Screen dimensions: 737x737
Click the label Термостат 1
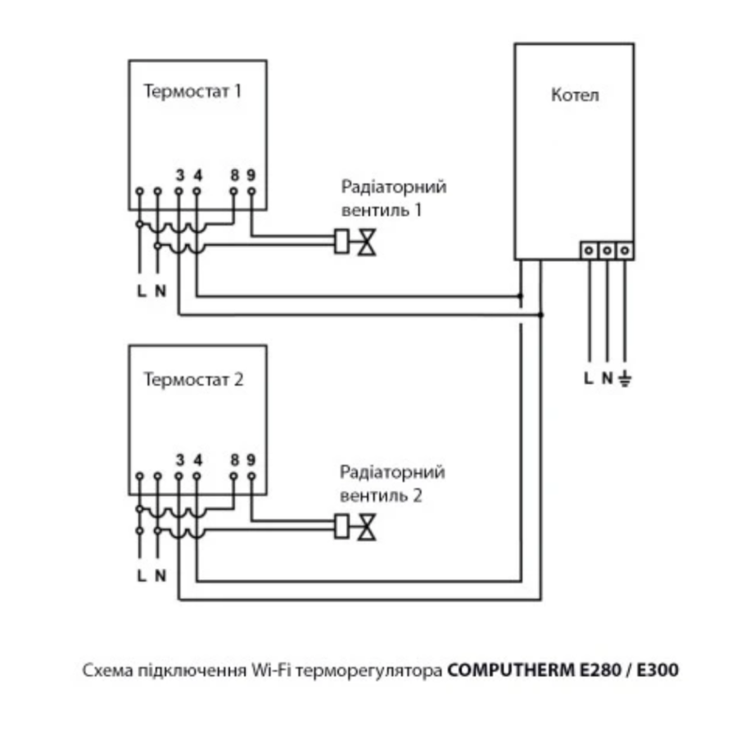point(193,91)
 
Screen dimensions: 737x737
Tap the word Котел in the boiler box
point(575,95)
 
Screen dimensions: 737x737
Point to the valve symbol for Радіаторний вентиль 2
point(368,526)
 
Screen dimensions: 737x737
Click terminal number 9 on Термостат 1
point(251,174)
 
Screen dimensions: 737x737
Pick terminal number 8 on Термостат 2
point(234,459)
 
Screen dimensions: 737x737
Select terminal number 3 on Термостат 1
point(179,174)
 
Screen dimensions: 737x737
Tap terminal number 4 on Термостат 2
point(197,459)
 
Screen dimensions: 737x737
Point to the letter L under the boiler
point(588,378)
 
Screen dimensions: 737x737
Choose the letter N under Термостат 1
point(161,291)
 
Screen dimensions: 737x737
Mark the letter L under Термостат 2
point(142,575)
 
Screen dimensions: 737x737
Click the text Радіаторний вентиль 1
point(393,198)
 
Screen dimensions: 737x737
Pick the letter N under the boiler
point(607,378)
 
